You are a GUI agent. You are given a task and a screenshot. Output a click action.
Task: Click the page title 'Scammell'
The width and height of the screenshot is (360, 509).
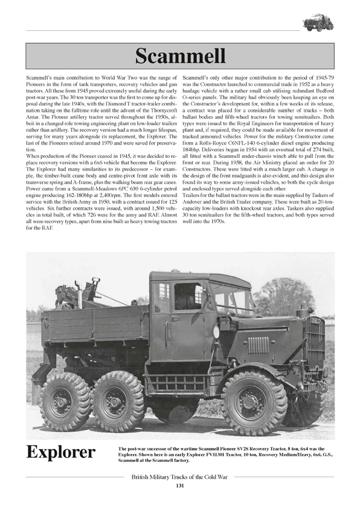pos(180,56)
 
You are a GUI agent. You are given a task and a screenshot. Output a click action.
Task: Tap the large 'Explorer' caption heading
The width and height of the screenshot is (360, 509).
pos(60,452)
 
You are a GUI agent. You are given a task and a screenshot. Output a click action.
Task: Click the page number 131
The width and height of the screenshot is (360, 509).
pos(180,486)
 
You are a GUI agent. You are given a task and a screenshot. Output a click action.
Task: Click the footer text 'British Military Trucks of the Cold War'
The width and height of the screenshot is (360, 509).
pos(180,476)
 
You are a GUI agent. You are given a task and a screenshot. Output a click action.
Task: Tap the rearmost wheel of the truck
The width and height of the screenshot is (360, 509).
pos(65,401)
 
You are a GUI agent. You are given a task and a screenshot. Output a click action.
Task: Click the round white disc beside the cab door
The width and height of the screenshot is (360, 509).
pos(216,332)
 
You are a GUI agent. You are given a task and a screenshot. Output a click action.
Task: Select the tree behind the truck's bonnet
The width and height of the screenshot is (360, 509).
pos(284,296)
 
